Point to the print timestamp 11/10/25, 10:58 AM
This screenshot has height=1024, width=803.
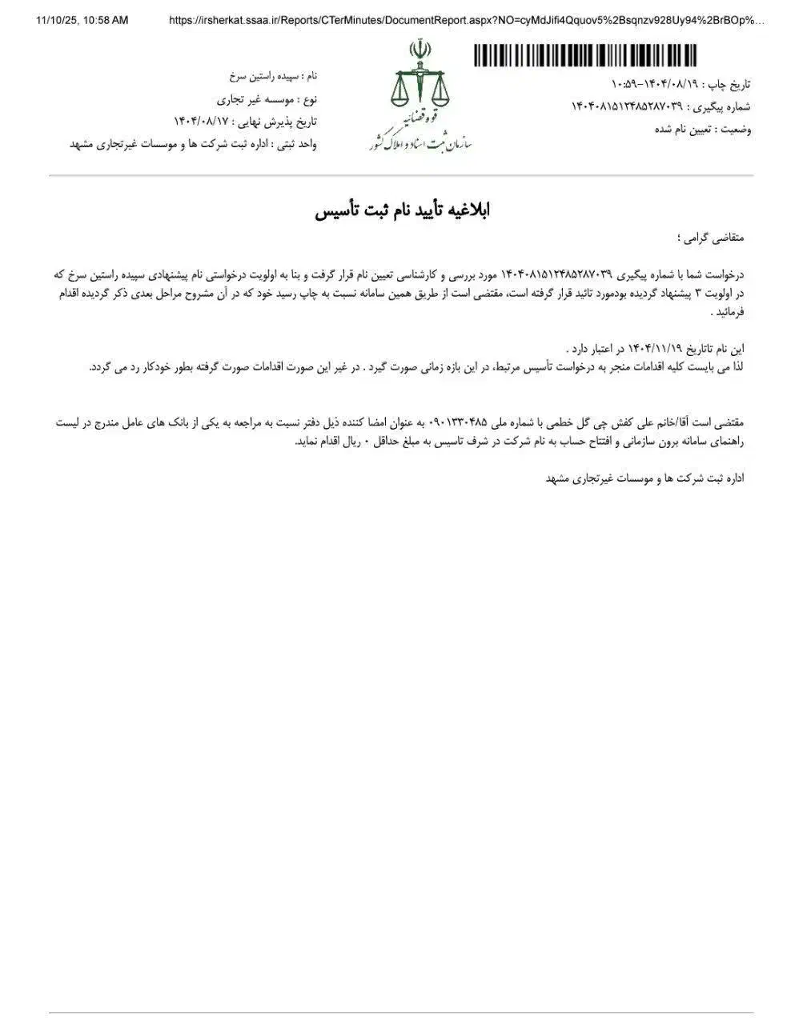(82, 21)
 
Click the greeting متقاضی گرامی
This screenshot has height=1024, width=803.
(712, 238)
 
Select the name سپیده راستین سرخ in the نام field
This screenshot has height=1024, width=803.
(262, 77)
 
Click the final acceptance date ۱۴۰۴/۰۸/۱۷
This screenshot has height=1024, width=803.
(200, 122)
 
